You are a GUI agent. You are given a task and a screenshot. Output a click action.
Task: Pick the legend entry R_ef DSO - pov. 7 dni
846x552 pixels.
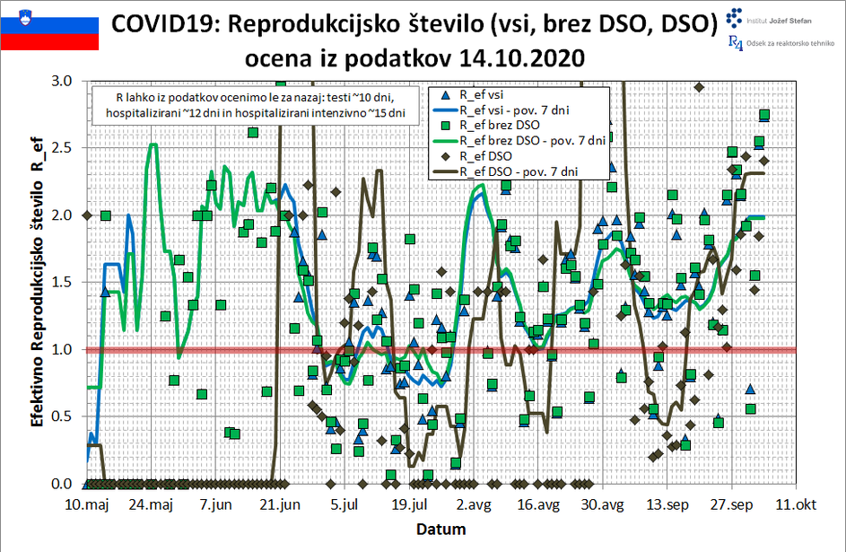[x=524, y=170]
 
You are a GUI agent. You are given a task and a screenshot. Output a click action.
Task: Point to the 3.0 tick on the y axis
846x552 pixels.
[x=62, y=81]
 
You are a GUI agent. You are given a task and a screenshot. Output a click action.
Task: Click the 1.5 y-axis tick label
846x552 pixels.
[x=62, y=282]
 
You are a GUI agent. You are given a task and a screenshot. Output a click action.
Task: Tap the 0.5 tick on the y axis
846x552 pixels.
[x=62, y=416]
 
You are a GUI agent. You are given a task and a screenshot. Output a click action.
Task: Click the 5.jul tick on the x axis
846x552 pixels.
[x=345, y=505]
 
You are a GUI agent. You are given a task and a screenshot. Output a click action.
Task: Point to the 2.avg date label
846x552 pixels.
[x=475, y=505]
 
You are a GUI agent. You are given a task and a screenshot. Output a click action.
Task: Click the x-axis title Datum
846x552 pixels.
[x=440, y=530]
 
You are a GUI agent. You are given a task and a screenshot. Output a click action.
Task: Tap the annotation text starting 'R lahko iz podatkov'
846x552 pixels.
[x=256, y=105]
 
